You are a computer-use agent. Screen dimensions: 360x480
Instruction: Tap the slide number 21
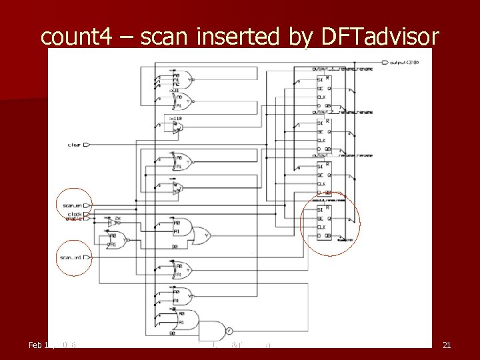coord(447,345)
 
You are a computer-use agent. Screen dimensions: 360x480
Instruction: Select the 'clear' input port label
coord(75,144)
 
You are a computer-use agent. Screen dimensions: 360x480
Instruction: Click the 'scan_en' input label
coord(71,205)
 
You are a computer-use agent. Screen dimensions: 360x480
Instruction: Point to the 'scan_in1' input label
coord(71,257)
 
